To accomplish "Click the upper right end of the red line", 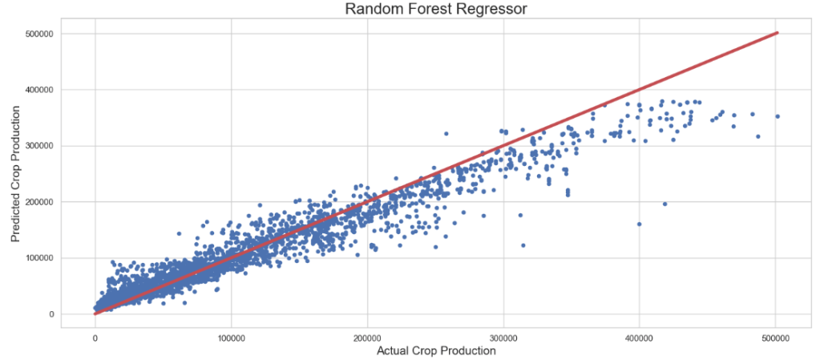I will [777, 33].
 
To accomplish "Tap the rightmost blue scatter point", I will [778, 116].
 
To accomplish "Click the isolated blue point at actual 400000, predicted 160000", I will [639, 224].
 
